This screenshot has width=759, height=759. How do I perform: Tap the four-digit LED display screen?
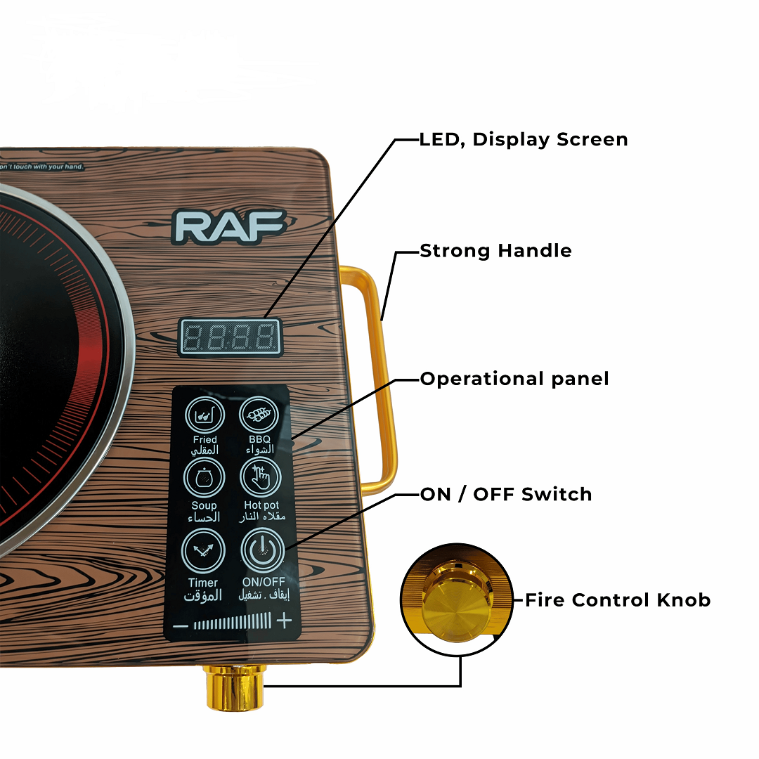230,338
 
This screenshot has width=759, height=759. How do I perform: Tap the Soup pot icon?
204,479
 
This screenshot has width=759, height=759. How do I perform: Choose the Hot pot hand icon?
261,479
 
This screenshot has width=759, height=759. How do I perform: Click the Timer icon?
204,551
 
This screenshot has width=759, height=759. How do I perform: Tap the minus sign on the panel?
181,623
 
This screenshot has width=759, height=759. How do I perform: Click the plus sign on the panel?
284,621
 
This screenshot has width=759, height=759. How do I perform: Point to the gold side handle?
383,379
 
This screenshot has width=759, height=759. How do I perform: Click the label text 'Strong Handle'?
495,251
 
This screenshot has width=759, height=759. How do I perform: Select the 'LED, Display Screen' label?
524,139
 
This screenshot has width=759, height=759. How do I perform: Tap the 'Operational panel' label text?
514,379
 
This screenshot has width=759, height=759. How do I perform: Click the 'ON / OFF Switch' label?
506,494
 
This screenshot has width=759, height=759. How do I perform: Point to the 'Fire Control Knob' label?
618,600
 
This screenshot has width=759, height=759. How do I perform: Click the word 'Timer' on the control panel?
203,583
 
